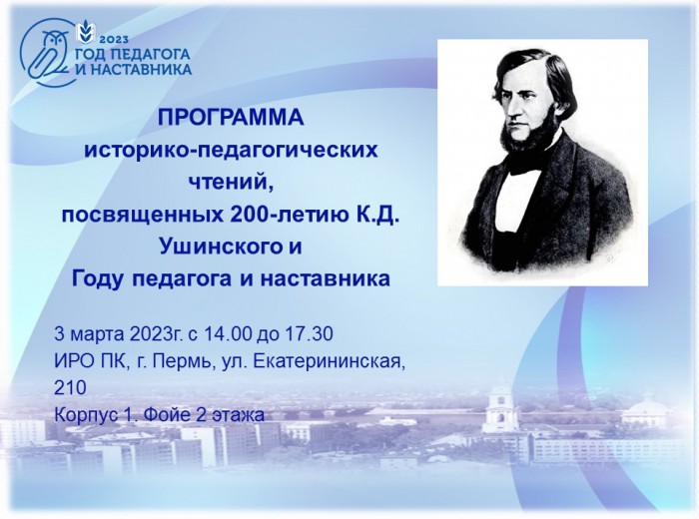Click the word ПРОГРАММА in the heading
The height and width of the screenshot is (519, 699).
click(231, 118)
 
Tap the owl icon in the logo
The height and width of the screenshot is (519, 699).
click(48, 54)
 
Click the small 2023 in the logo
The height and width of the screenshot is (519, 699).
click(116, 40)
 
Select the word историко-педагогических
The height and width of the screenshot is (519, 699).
click(232, 150)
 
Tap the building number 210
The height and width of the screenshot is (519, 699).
click(70, 388)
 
